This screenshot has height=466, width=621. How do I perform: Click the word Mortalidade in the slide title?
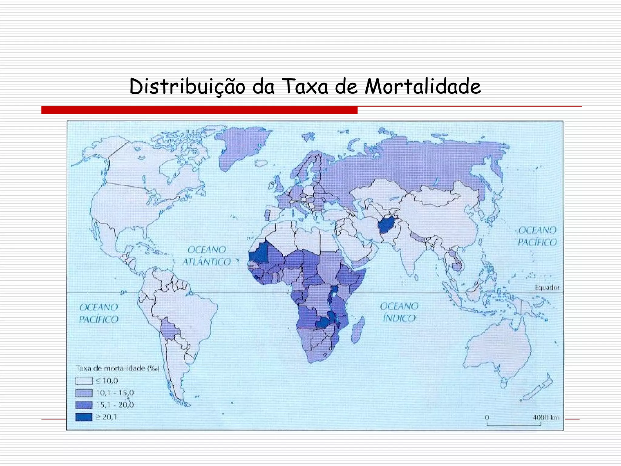[423, 86]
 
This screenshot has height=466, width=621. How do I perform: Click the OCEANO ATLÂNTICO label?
[206, 256]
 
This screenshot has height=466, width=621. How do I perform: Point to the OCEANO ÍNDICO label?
[399, 312]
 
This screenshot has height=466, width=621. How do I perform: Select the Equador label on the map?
[547, 287]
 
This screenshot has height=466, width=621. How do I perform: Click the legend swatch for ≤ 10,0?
[84, 381]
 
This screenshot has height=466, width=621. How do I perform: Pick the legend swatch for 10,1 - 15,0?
[84, 393]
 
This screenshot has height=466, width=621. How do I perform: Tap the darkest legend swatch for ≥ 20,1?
[84, 417]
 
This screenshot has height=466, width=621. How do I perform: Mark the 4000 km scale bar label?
[546, 417]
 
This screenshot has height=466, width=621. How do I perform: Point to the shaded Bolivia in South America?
[169, 329]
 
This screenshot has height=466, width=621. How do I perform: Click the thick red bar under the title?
[199, 110]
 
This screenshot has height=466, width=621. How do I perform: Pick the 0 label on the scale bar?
[487, 417]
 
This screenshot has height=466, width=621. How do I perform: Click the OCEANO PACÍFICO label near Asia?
[537, 236]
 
